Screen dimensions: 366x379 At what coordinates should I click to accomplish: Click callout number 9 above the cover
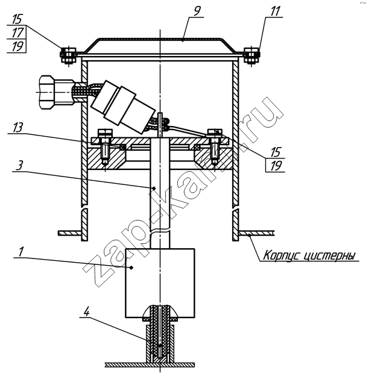point(197,11)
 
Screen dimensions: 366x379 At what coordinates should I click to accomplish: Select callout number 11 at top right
point(275,11)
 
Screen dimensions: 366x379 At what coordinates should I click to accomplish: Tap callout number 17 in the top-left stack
point(17,33)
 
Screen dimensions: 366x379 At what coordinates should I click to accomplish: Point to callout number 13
point(17,127)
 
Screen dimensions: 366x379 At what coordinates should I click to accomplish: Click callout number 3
point(20,166)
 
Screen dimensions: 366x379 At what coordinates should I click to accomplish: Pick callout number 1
point(21,252)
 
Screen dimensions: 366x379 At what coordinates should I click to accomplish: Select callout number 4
point(86,312)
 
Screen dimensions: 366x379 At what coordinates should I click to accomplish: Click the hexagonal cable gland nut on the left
point(47,92)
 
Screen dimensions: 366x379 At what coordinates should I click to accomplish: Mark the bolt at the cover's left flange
point(68,55)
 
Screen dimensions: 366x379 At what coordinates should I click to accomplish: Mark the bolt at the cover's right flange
point(251,55)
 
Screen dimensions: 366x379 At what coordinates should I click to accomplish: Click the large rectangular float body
point(160,283)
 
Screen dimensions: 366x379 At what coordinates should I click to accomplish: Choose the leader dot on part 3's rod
point(154,188)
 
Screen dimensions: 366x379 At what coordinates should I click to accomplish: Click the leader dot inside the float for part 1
point(131,267)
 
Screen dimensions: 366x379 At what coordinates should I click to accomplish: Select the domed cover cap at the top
point(160,46)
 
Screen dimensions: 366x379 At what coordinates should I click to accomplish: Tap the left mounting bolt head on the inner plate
point(105,133)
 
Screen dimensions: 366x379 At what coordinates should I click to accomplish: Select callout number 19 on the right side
point(276,166)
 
